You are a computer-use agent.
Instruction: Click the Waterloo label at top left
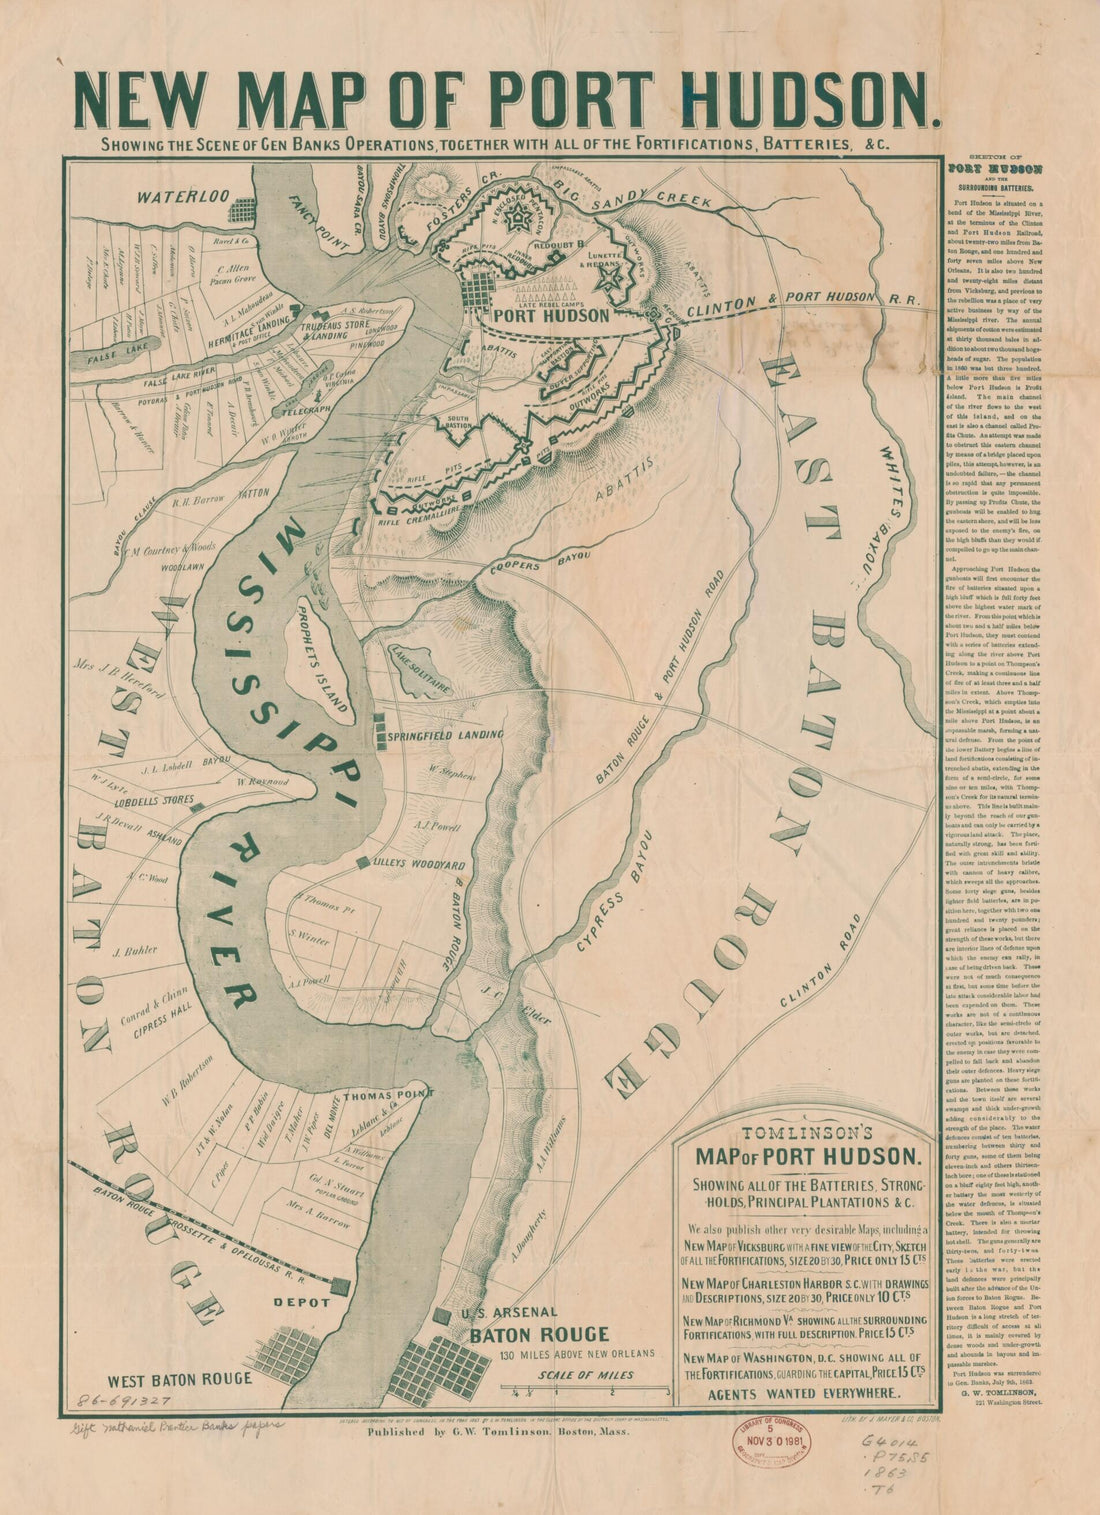click(x=184, y=195)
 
